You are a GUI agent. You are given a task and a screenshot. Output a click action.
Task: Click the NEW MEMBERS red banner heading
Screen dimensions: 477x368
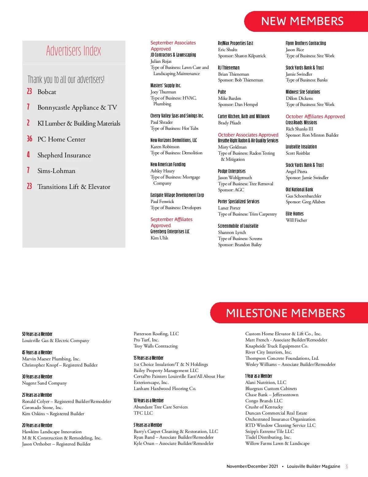302,21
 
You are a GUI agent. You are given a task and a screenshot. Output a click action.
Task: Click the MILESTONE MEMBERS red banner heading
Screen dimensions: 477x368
285,313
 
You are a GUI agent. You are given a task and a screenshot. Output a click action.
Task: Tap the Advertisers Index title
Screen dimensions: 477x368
74,51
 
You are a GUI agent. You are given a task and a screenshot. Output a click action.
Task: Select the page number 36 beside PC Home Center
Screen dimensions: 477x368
29,139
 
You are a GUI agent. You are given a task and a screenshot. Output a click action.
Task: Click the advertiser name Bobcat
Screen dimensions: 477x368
47,92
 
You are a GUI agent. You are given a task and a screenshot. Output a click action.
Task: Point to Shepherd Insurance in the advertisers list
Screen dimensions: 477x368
64,155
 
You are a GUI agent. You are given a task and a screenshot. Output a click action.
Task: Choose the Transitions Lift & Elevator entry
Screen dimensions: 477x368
74,187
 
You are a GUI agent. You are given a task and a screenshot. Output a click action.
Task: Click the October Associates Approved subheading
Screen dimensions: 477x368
248,135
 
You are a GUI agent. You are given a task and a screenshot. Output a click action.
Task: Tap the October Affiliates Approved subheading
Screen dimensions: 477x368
315,116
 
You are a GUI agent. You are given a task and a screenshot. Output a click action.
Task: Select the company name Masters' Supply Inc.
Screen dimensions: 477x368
166,85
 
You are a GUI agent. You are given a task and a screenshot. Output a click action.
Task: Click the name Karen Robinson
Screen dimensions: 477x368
165,147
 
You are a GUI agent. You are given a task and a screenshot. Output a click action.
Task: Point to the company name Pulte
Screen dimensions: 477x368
222,92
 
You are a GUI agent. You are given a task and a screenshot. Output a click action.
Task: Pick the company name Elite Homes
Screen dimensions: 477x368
294,214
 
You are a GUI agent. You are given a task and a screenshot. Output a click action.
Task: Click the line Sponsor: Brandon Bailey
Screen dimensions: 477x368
240,245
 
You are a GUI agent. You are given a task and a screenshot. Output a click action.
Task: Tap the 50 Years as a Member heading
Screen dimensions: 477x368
37,334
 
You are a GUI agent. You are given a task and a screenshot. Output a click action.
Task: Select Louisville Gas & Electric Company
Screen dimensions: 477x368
56,340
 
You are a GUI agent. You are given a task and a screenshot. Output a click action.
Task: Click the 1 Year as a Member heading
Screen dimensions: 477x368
259,376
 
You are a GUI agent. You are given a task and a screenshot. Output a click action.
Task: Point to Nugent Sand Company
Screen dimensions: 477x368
44,383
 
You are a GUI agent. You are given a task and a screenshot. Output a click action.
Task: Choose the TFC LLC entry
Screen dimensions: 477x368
143,413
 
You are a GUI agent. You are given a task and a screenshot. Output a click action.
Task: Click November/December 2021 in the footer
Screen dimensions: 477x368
252,467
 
